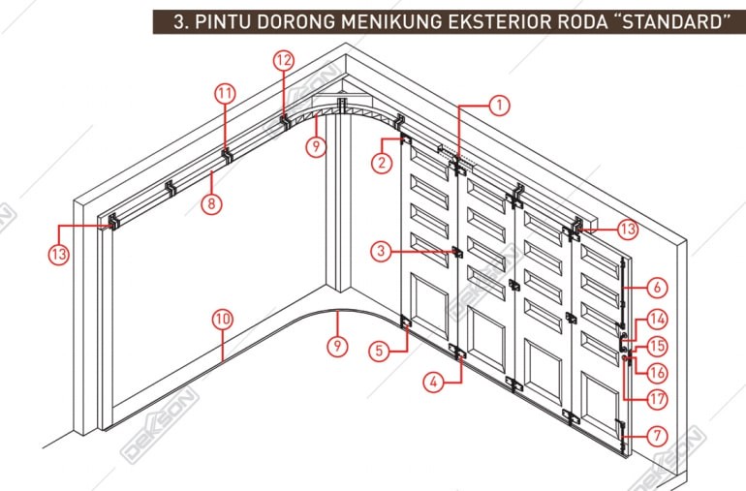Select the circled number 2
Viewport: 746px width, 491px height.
click(x=384, y=163)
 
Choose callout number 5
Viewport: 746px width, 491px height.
click(x=379, y=351)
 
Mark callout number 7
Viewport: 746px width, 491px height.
click(x=658, y=436)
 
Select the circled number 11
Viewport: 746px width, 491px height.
click(x=225, y=93)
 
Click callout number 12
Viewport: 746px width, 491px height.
click(x=283, y=60)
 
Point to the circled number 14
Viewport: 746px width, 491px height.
click(x=658, y=318)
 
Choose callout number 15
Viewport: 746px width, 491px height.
click(x=658, y=346)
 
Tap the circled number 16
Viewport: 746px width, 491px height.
click(x=658, y=372)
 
